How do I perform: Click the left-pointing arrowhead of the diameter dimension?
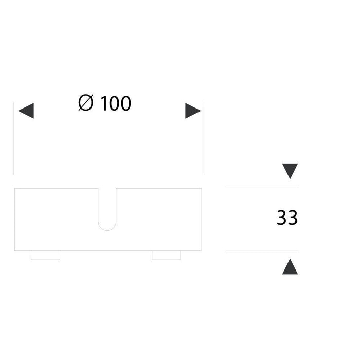26,111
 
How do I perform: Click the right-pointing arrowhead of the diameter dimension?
193,111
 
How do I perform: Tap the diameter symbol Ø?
86,102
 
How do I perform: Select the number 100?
116,103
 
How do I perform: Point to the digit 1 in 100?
104,103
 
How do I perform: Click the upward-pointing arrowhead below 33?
290,266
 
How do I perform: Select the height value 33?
287,217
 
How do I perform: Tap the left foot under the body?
45,255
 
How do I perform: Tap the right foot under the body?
166,255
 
